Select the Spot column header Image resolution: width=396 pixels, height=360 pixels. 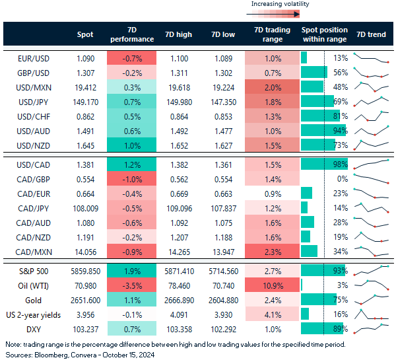pyautogui.click(x=85, y=34)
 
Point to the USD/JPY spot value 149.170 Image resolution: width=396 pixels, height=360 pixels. pyautogui.click(x=85, y=101)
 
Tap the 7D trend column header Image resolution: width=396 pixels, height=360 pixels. pyautogui.click(x=371, y=34)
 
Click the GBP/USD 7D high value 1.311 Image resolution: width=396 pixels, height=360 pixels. pyautogui.click(x=180, y=73)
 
